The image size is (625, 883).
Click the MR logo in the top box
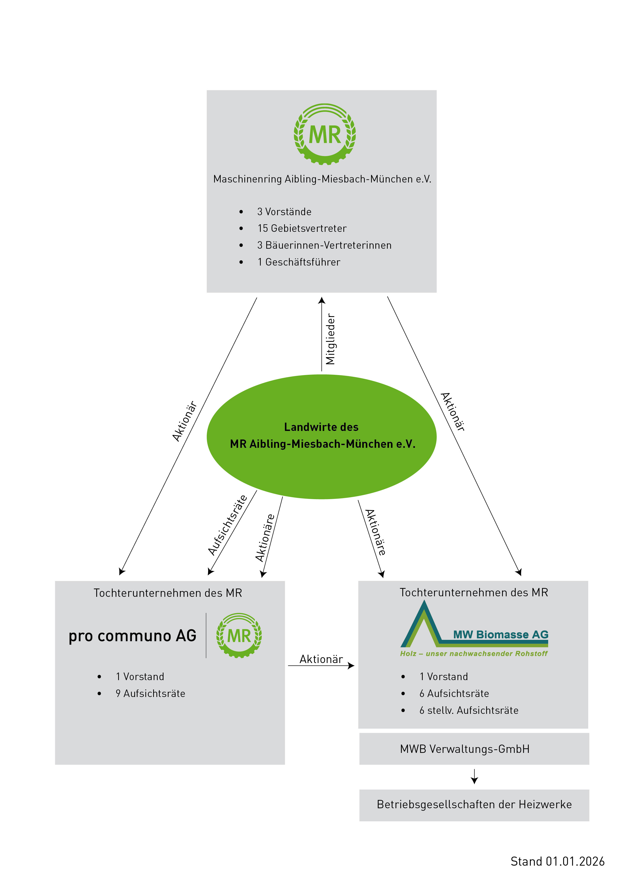click(x=324, y=134)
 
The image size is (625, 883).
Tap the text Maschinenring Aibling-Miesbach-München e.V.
click(x=322, y=179)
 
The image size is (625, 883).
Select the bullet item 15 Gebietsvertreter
click(x=302, y=229)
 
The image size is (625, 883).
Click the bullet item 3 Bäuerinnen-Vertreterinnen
click(x=324, y=245)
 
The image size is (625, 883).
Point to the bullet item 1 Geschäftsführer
click(x=299, y=262)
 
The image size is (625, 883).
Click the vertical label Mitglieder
click(x=331, y=339)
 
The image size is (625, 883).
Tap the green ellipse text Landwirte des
click(x=321, y=427)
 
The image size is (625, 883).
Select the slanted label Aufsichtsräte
click(x=227, y=525)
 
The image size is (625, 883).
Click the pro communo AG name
click(x=133, y=636)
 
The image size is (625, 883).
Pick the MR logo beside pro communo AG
click(x=239, y=635)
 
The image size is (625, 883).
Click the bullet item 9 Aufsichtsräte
click(x=150, y=693)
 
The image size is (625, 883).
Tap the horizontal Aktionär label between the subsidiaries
click(x=321, y=659)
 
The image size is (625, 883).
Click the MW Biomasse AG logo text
click(x=500, y=635)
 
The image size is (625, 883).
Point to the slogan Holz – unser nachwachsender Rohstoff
click(x=473, y=653)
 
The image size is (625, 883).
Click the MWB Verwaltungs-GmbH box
click(x=474, y=749)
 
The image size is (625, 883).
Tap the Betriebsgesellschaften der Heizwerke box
click(x=474, y=804)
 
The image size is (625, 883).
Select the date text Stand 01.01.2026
click(x=557, y=861)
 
